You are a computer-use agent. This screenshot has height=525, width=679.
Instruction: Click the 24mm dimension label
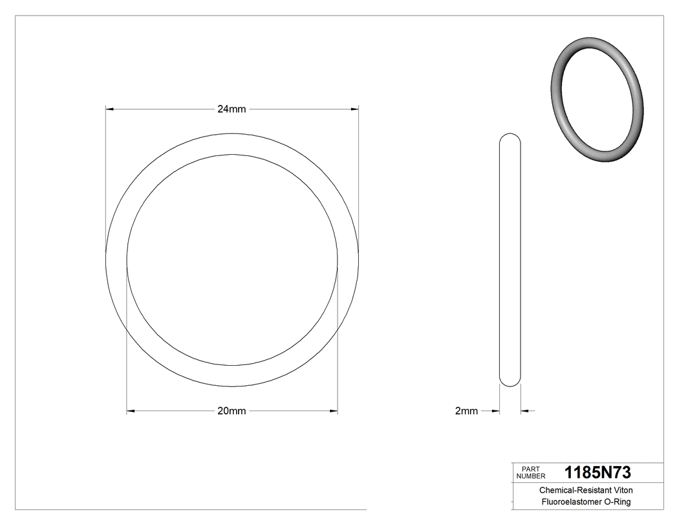[x=232, y=109]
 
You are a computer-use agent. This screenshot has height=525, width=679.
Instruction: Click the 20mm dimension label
[x=232, y=410]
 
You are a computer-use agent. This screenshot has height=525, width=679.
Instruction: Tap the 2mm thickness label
[x=466, y=410]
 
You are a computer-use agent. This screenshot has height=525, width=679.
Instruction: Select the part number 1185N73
[x=598, y=472]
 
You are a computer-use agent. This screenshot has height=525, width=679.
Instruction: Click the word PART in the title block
[x=530, y=469]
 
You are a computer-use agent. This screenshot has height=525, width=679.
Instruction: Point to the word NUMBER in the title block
[x=530, y=476]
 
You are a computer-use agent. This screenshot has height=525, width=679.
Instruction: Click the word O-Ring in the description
[x=616, y=502]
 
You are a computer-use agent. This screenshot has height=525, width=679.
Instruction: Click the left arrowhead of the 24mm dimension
[x=110, y=109]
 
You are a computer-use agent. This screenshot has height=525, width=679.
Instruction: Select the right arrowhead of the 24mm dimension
[x=354, y=109]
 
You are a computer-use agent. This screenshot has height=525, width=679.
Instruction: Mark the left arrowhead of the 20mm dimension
[x=131, y=410]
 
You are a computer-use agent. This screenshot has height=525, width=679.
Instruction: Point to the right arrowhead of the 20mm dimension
[x=334, y=410]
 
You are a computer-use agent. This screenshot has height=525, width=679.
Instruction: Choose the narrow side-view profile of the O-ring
[x=510, y=259]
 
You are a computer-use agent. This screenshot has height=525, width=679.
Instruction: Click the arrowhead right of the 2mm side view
[x=524, y=410]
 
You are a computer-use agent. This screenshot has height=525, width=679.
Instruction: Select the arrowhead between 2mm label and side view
[x=497, y=410]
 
